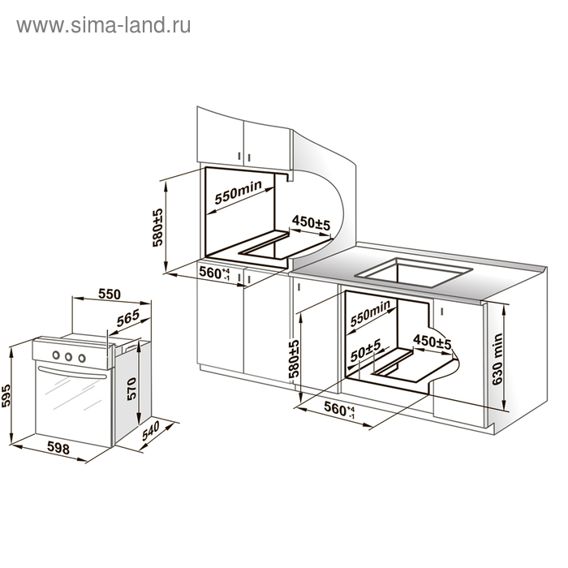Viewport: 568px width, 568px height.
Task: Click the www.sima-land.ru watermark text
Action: (x=103, y=25)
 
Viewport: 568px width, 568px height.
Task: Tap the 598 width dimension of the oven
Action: (x=58, y=448)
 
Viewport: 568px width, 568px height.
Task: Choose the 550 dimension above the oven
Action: (x=109, y=295)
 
